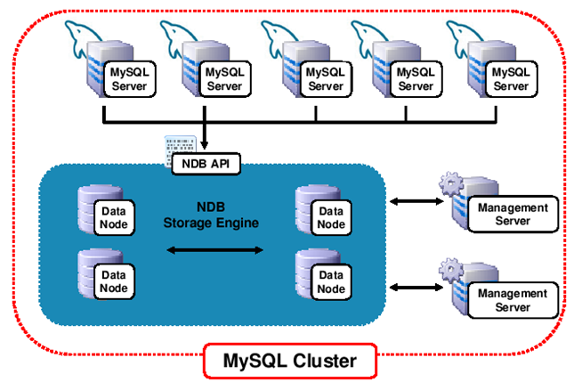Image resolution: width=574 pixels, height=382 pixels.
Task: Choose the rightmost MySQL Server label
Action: coord(511,78)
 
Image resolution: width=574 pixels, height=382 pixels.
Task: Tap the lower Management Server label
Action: coord(512,300)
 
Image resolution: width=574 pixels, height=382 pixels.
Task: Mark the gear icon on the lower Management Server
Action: coord(449,270)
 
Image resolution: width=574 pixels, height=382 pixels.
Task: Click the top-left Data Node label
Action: coord(112,216)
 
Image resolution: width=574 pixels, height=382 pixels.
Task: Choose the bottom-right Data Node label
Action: coord(331,282)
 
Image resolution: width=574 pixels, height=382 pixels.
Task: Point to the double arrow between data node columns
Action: coord(216,251)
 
